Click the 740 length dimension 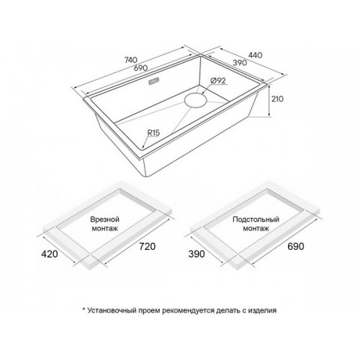pos(130,60)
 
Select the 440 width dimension pos(255,55)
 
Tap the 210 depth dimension pos(277,99)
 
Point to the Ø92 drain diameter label pos(218,81)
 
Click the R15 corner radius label pos(153,132)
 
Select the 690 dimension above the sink pos(140,68)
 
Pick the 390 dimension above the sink pos(240,63)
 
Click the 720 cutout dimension pos(147,246)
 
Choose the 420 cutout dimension pos(50,253)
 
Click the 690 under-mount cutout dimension pos(296,246)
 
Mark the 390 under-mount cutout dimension pos(197,253)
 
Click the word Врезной pos(104,220)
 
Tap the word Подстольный pos(256,220)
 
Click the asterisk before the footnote pos(84,309)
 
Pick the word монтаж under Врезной pos(105,228)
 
